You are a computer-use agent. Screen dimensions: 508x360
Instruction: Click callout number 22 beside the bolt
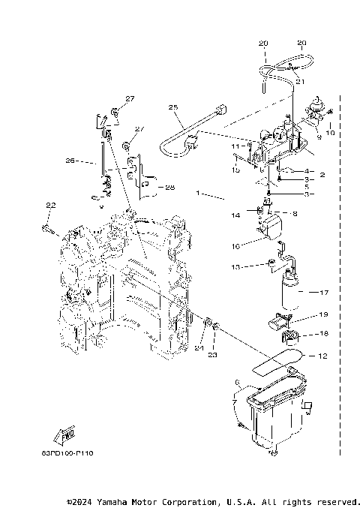click(x=50, y=206)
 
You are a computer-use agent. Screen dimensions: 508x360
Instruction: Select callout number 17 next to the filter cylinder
click(x=325, y=293)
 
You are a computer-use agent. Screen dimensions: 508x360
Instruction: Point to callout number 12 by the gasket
click(x=322, y=355)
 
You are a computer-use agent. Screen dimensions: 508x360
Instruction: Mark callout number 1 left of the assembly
click(x=198, y=194)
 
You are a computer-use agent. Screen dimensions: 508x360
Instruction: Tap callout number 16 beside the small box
click(x=235, y=245)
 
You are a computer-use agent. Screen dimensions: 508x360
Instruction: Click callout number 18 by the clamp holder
click(x=324, y=332)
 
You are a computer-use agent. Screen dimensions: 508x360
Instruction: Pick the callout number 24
click(x=199, y=347)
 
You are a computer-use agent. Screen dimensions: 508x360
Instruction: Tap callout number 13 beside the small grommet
click(x=235, y=267)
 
